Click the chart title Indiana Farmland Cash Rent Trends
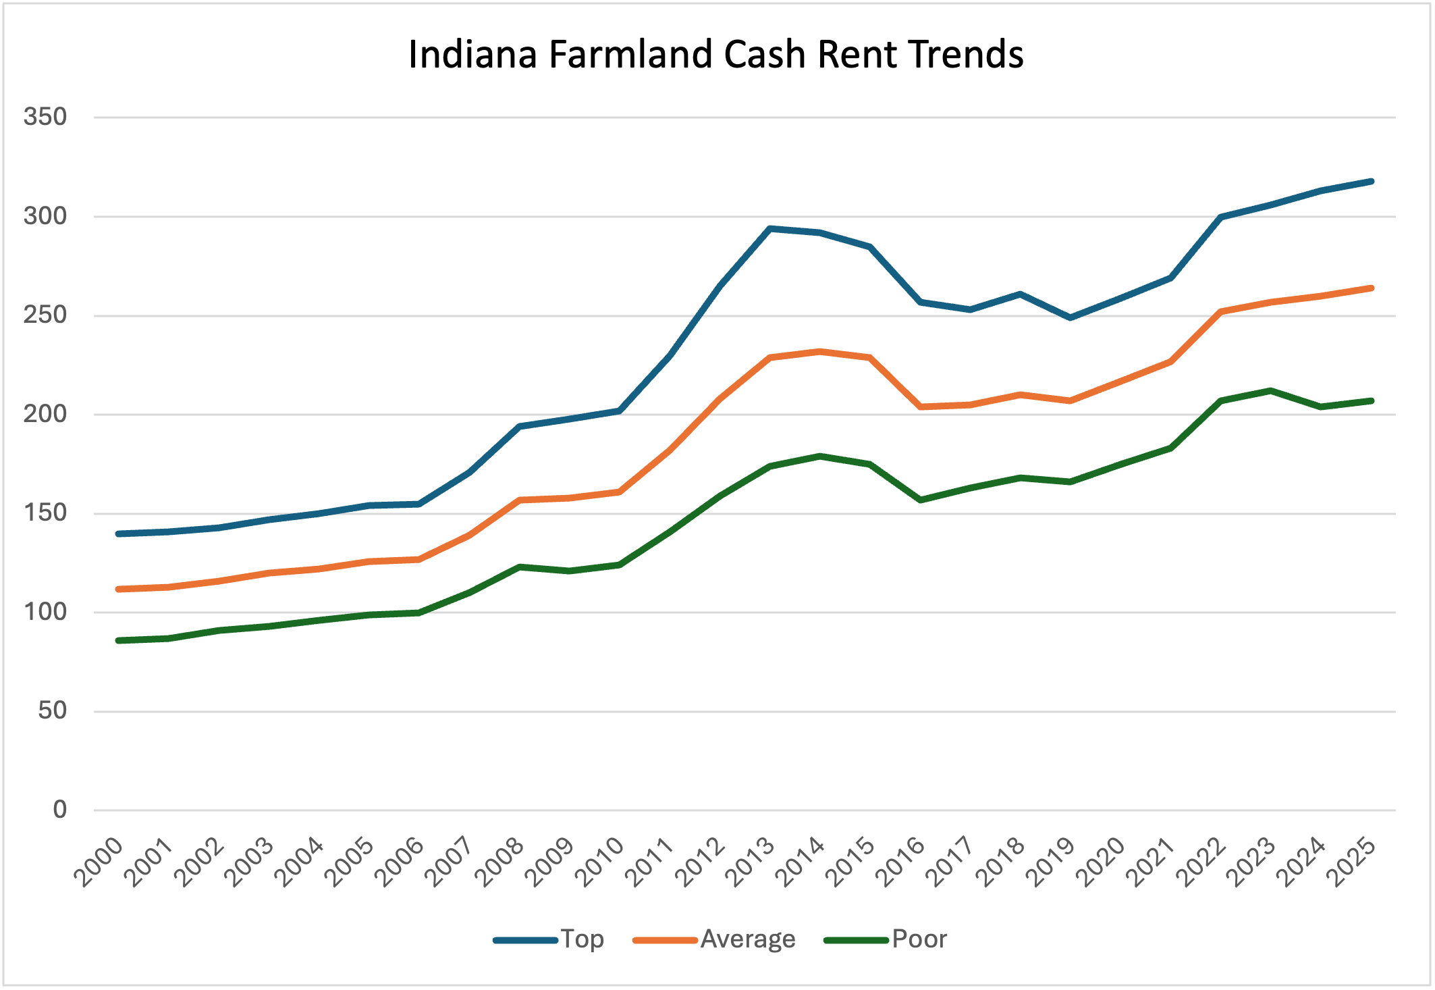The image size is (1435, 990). [716, 55]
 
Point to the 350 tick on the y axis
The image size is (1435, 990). [45, 117]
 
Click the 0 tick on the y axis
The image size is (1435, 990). [60, 810]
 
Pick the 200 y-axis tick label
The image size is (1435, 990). [45, 414]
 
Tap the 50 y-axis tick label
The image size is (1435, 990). [53, 710]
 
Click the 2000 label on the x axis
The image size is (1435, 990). [100, 862]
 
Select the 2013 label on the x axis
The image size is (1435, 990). [751, 862]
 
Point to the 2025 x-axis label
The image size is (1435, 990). [1351, 862]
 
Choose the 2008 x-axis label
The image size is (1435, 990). [500, 862]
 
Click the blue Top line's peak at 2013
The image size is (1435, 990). [770, 228]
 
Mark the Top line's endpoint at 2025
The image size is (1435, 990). [1371, 181]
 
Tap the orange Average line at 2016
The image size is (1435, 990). [921, 407]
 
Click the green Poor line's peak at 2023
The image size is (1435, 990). [1271, 390]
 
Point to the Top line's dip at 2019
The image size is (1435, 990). [1071, 317]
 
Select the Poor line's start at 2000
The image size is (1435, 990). [119, 640]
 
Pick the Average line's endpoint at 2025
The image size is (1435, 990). [1371, 288]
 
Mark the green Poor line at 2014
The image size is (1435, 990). [820, 456]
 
